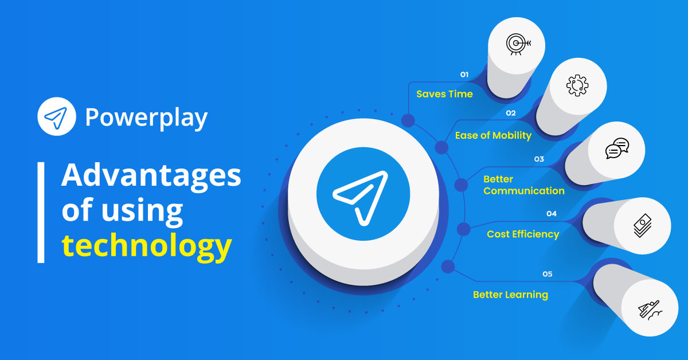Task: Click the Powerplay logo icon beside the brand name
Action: coord(56,117)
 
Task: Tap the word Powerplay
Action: coord(146,118)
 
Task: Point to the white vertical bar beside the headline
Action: coord(41,212)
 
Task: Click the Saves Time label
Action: coord(444,94)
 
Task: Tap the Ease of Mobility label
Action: coord(493,136)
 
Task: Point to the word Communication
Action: coord(523,191)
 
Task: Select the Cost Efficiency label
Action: coord(522,234)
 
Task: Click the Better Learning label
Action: coord(510,295)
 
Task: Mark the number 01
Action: coord(464,75)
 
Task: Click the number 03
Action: coord(539,159)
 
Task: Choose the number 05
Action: coord(547,274)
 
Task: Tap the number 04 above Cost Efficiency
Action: coord(551,214)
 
